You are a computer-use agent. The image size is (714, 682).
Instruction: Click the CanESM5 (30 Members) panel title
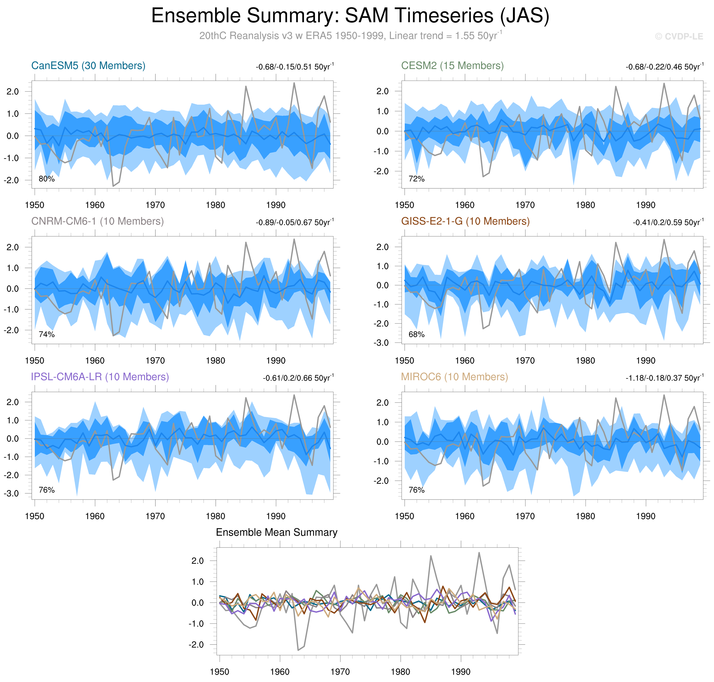(88, 66)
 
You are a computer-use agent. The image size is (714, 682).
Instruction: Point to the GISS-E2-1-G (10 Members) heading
(465, 221)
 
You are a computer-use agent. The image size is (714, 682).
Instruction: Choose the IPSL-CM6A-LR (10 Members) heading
(100, 377)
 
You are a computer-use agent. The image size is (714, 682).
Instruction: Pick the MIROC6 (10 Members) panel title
(454, 377)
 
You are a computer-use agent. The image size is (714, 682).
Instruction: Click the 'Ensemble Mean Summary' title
(276, 533)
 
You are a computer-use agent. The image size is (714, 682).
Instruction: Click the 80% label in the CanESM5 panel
(46, 179)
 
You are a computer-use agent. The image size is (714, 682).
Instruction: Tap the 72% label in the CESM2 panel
(417, 179)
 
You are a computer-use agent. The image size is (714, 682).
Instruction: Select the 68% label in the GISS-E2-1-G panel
(417, 335)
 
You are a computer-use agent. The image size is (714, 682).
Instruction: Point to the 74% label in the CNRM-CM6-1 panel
(46, 335)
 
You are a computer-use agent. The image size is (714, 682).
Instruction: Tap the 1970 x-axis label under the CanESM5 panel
(155, 205)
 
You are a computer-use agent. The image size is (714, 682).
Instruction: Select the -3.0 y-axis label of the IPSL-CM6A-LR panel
(11, 494)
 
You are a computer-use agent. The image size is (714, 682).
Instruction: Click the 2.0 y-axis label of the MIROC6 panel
(381, 403)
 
